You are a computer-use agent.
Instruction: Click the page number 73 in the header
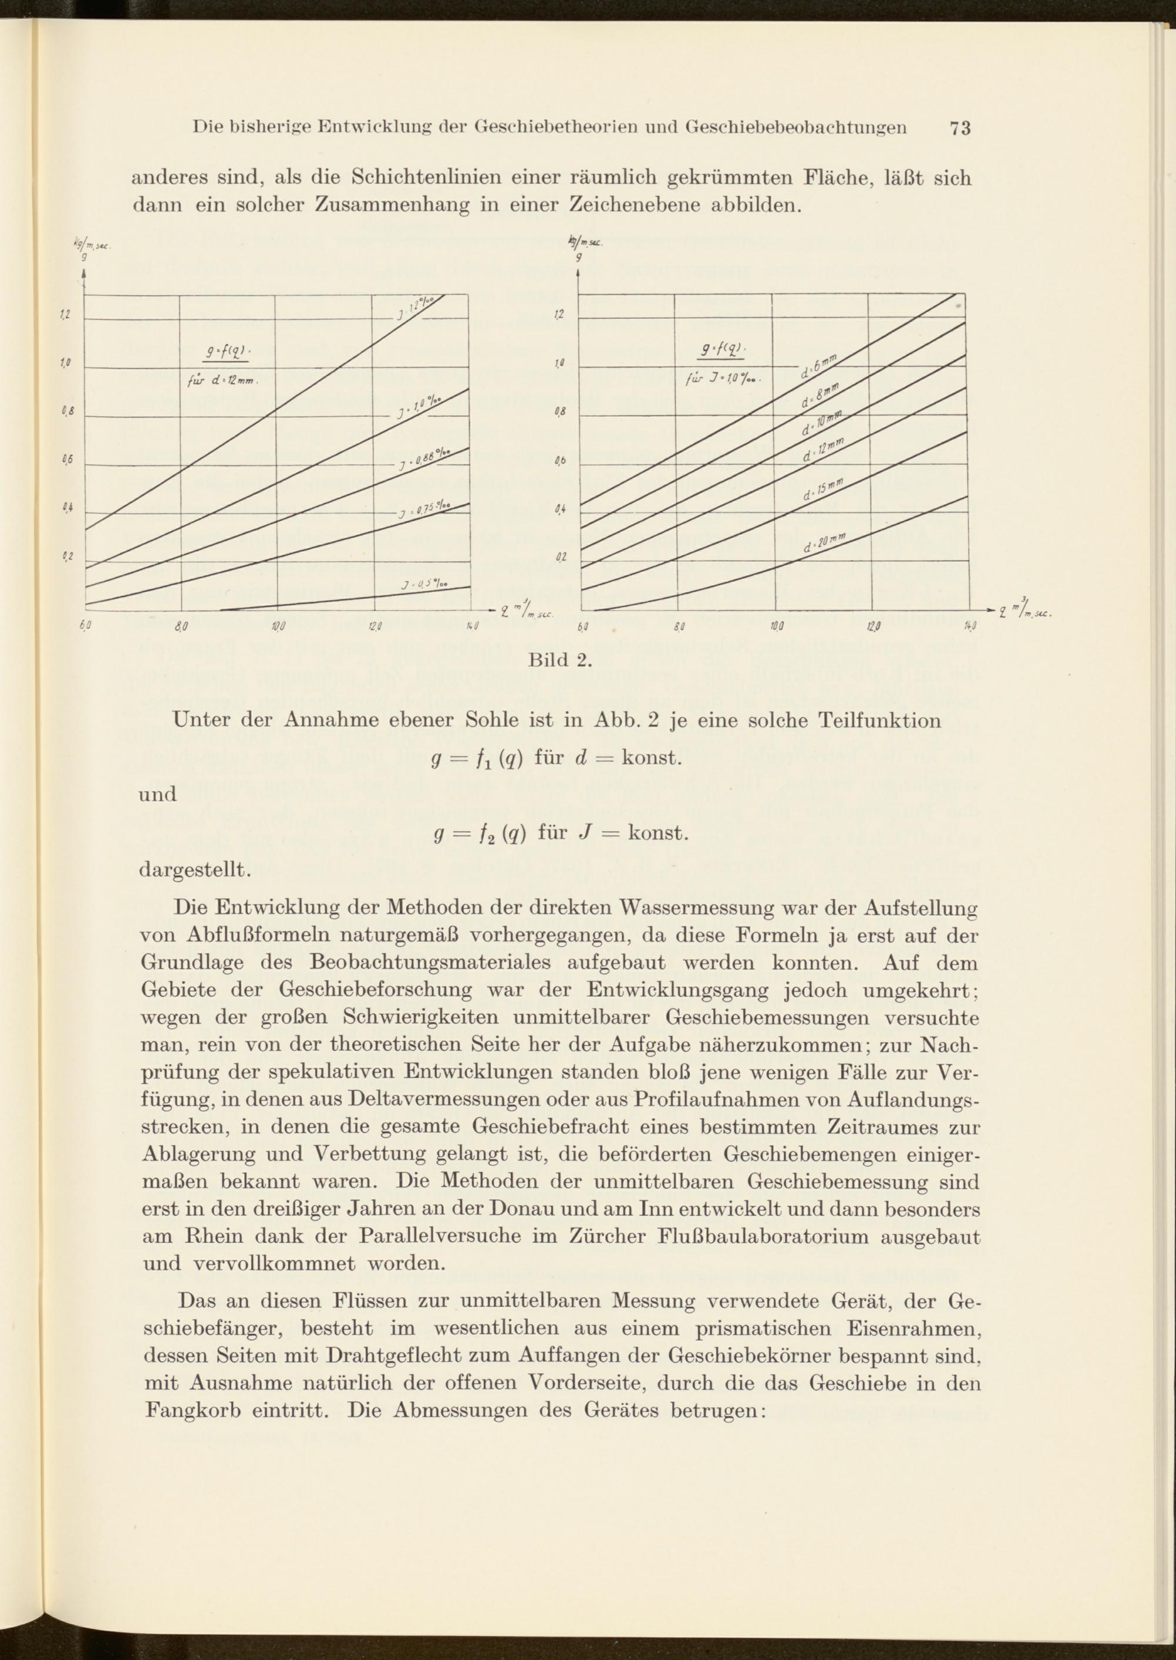(960, 128)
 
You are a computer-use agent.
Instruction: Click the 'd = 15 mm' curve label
(823, 491)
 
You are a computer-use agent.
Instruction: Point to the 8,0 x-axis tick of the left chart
(181, 626)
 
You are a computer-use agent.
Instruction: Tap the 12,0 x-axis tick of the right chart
(870, 626)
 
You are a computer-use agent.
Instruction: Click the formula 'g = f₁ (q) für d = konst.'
(557, 758)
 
